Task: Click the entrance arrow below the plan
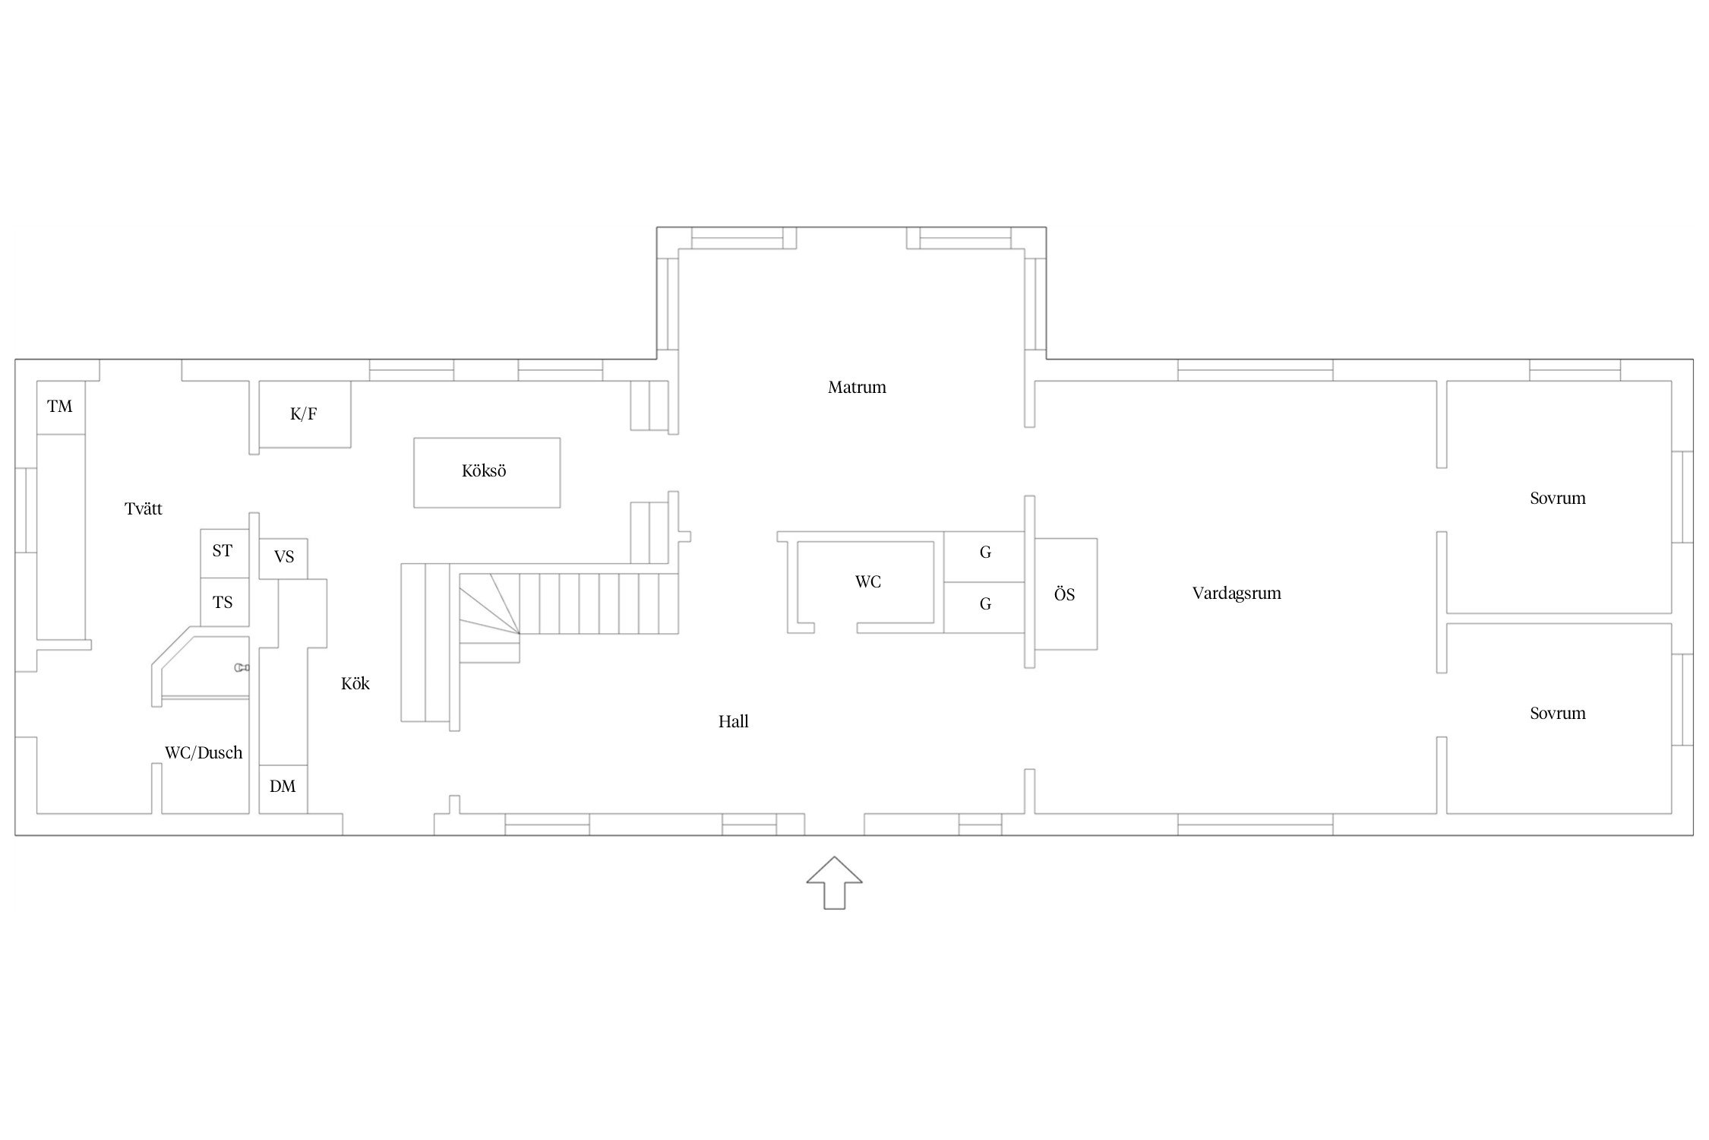[834, 882]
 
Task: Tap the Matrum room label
[857, 388]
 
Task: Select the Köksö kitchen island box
[487, 472]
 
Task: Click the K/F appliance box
[305, 414]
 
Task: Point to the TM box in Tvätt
[61, 407]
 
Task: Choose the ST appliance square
[224, 553]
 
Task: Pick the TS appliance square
[224, 602]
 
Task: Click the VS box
[283, 559]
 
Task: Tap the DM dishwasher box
[283, 789]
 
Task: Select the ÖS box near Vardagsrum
[1066, 594]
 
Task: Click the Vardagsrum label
[1237, 594]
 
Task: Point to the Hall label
[734, 722]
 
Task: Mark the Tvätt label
[144, 508]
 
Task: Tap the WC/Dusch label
[204, 753]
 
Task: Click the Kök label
[355, 684]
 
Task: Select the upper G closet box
[985, 556]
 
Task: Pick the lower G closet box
[985, 607]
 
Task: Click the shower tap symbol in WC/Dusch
[242, 668]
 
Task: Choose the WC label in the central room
[868, 582]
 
